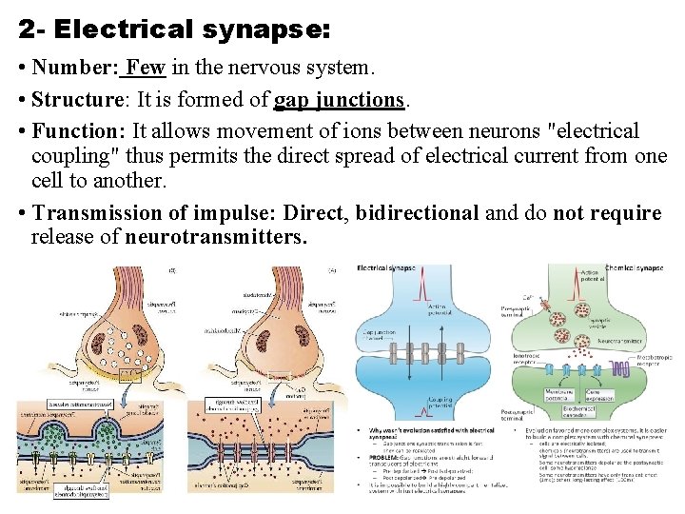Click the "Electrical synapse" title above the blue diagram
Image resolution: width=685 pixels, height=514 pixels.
[387, 269]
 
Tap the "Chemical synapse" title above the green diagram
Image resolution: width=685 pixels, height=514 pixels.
[635, 269]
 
